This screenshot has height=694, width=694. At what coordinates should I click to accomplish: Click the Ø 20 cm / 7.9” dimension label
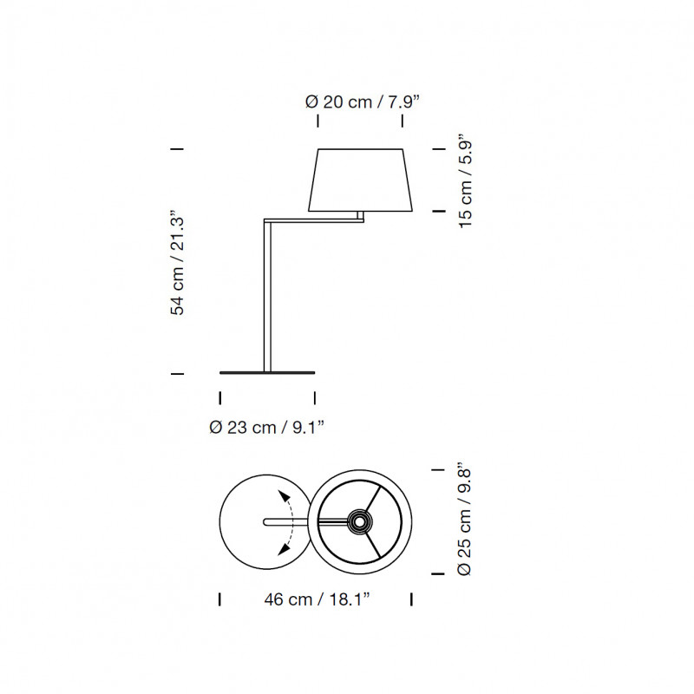pyautogui.click(x=362, y=101)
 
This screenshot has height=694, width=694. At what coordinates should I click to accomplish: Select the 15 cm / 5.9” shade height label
pyautogui.click(x=466, y=180)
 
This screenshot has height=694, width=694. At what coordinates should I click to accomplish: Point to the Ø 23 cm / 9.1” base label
pyautogui.click(x=267, y=428)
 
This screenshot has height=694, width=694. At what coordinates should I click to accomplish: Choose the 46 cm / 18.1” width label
pyautogui.click(x=317, y=599)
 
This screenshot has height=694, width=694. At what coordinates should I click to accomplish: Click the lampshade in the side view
pyautogui.click(x=360, y=180)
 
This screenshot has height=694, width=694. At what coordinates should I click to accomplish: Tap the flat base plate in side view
pyautogui.click(x=267, y=373)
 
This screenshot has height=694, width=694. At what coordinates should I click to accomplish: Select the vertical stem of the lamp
pyautogui.click(x=267, y=296)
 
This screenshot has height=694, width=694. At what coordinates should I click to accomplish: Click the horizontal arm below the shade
pyautogui.click(x=314, y=220)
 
